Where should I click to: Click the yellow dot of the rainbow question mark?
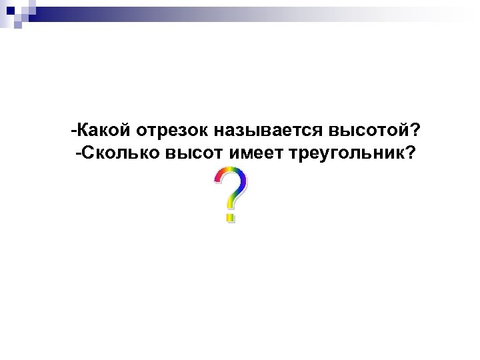(230, 217)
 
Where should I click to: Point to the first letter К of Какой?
(83, 128)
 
